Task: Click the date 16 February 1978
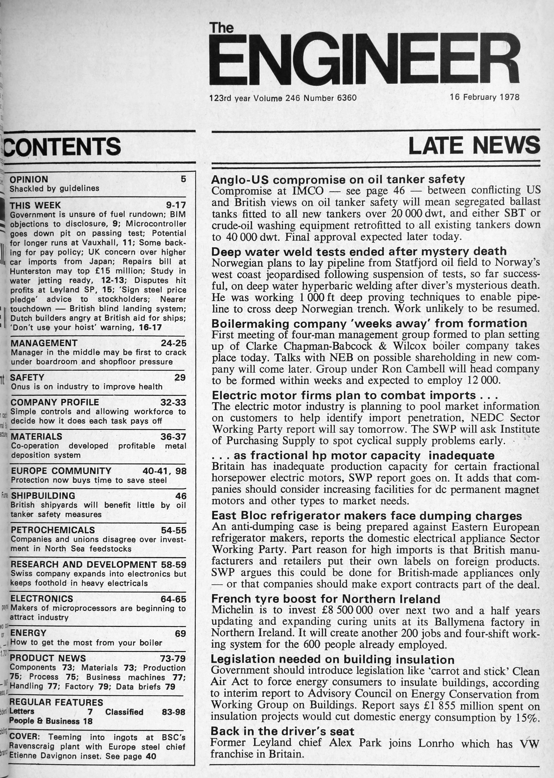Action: click(x=484, y=97)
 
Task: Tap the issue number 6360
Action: click(x=346, y=98)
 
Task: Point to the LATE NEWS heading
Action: click(x=474, y=145)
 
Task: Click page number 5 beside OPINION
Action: click(x=183, y=179)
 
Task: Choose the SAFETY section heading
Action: click(x=27, y=377)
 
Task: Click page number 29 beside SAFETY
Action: click(x=180, y=377)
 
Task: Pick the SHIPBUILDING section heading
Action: click(x=43, y=496)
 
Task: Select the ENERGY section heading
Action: click(x=28, y=633)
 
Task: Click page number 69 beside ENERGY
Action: click(x=180, y=633)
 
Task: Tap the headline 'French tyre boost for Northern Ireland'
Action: click(x=326, y=599)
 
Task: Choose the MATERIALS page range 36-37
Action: click(x=173, y=436)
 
